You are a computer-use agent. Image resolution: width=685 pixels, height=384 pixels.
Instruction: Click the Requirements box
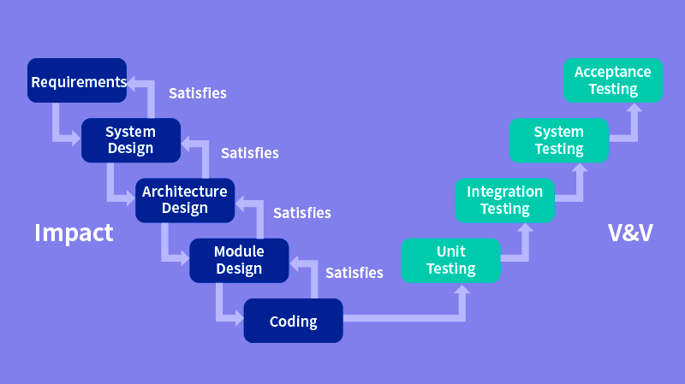pos(77,81)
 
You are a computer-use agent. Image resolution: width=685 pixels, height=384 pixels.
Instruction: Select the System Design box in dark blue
pos(131,140)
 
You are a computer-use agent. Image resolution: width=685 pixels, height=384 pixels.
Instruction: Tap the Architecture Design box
pos(184,200)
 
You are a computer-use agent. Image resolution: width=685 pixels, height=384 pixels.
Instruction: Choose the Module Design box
pos(239,260)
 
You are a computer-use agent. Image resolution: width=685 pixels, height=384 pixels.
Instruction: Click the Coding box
pos(294,322)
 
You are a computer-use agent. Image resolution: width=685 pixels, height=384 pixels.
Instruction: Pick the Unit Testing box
pos(451,260)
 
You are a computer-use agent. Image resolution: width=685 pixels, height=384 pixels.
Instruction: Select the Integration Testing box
pos(504,200)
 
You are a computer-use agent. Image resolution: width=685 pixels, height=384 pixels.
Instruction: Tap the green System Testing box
pos(559,140)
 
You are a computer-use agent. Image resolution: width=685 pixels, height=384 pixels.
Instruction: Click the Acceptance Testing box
pos(613,80)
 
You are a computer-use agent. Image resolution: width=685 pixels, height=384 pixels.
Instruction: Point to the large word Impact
pos(74,233)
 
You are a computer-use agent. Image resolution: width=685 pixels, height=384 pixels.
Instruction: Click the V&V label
pos(630,233)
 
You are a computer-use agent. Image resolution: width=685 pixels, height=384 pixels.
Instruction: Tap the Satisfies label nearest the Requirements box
pos(198,93)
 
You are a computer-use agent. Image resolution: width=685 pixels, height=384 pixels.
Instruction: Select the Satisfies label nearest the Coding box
pos(354,273)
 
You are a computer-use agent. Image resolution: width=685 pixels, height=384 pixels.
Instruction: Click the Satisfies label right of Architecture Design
pos(301,213)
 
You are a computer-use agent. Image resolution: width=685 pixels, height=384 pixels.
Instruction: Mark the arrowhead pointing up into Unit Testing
pos(463,290)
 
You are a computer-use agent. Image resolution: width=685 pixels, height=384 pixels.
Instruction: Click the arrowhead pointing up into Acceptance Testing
pos(634,109)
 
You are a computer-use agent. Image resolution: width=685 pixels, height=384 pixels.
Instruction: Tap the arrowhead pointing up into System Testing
pos(581,169)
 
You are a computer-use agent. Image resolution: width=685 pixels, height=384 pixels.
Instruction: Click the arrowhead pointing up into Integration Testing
pos(526,229)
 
